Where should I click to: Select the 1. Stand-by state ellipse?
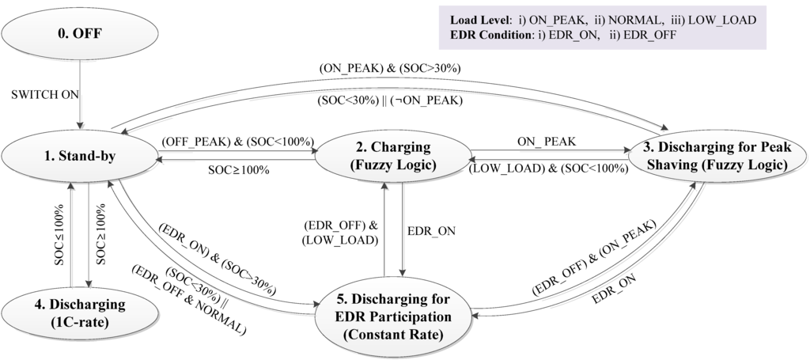[78, 155]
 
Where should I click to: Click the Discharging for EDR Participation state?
[392, 314]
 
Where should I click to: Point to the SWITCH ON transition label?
[45, 94]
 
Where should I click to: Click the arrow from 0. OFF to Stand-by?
[78, 94]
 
